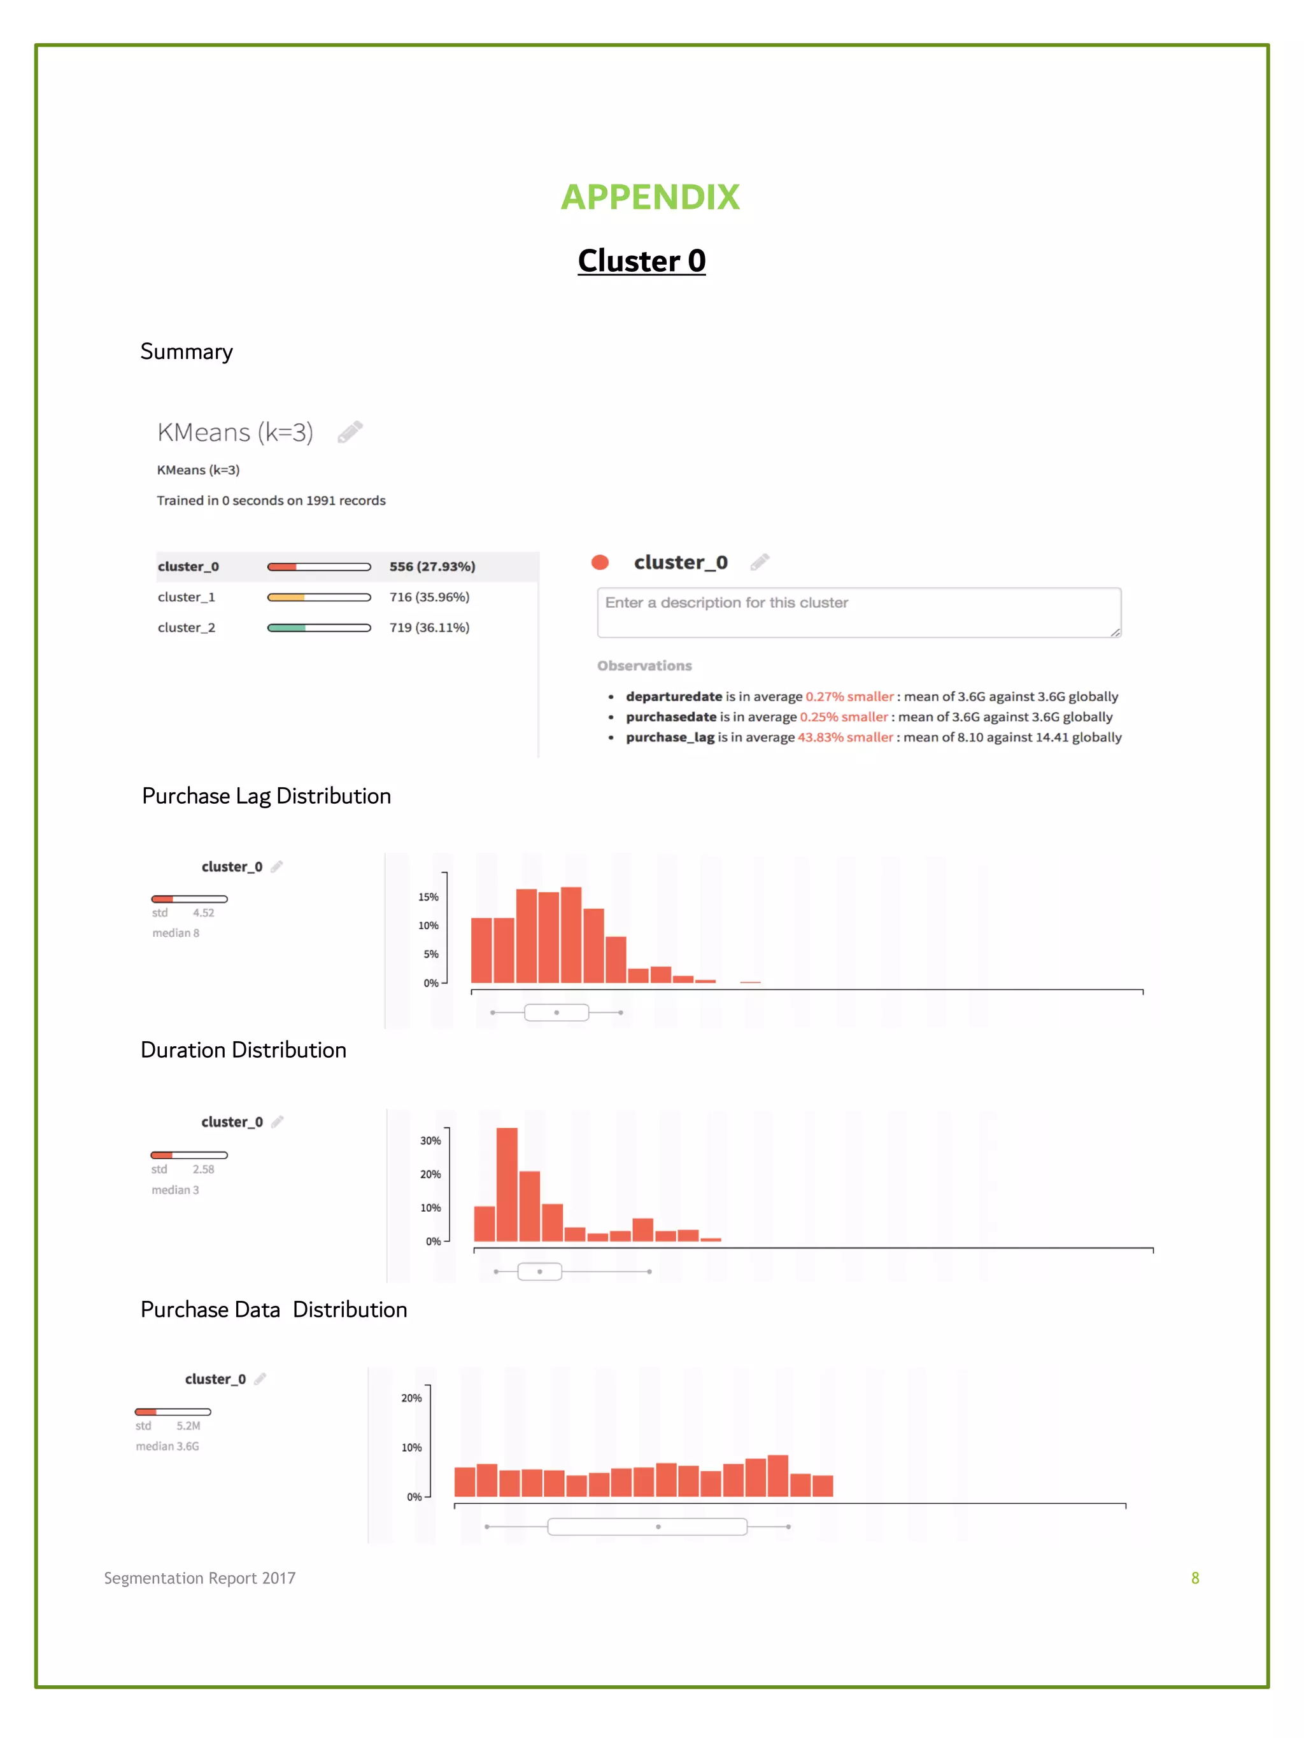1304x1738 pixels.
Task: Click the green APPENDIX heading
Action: tap(649, 197)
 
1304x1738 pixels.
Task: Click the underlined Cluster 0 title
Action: tap(641, 261)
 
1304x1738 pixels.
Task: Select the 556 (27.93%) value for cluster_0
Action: tap(432, 566)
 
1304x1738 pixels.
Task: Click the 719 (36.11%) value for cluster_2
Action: tap(429, 627)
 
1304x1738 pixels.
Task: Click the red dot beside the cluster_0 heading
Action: tap(600, 563)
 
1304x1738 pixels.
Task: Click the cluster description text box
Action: tap(858, 612)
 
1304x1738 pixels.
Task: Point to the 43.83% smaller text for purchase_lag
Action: tap(845, 737)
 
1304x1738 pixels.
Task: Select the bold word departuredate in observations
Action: tap(674, 696)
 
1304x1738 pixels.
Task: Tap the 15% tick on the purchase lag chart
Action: tap(429, 897)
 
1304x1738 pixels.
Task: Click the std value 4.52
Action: tap(204, 913)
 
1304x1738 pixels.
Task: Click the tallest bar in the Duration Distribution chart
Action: tap(507, 1184)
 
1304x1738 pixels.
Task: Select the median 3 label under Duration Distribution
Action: tap(175, 1189)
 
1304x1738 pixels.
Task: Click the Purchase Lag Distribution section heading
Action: tap(266, 796)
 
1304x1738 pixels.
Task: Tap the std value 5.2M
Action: tap(188, 1426)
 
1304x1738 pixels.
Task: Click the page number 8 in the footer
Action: tap(1194, 1578)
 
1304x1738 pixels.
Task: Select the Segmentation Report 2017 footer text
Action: tap(200, 1578)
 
